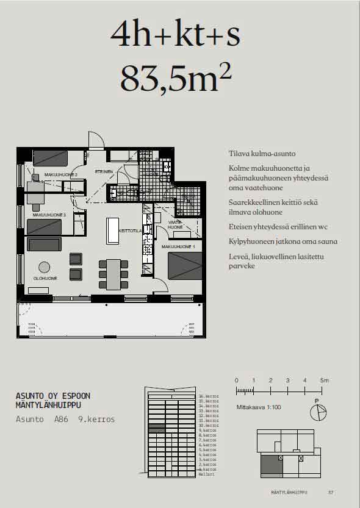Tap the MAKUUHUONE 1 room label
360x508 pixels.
tap(178, 247)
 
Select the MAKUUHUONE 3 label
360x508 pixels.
tap(49, 215)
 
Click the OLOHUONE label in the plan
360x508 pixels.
tap(45, 278)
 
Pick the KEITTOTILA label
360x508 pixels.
tap(131, 232)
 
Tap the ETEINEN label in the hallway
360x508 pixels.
tap(104, 171)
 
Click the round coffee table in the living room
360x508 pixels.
tap(45, 267)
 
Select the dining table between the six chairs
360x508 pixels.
tap(113, 275)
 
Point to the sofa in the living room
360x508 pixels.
tap(45, 245)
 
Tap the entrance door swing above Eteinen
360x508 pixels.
tap(95, 140)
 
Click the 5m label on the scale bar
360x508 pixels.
tap(325, 381)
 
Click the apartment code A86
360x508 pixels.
tap(61, 420)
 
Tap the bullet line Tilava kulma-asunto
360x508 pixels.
tap(262, 154)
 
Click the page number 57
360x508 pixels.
tap(331, 492)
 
